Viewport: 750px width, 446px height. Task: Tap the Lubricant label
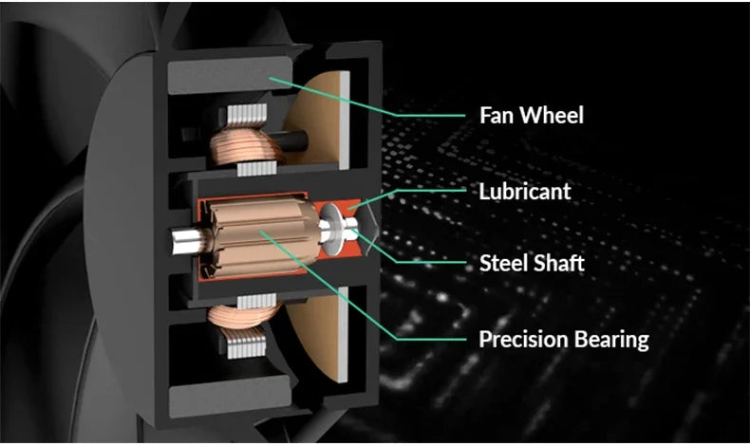pyautogui.click(x=525, y=192)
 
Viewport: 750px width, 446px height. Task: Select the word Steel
pyautogui.click(x=503, y=263)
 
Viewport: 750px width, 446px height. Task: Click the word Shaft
pyautogui.click(x=558, y=263)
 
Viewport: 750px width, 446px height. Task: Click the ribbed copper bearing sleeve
pyautogui.click(x=262, y=237)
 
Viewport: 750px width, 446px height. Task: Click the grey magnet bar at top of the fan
pyautogui.click(x=230, y=75)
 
